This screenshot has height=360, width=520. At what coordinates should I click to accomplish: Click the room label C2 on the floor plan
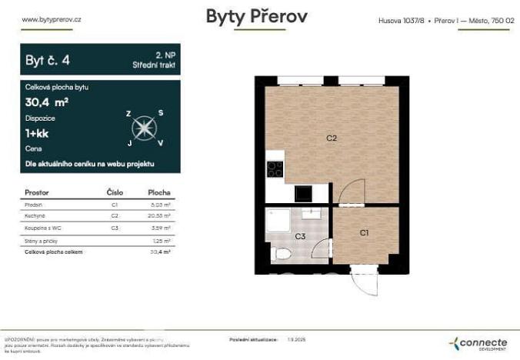click(x=332, y=138)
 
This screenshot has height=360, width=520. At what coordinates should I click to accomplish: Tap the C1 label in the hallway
click(x=365, y=232)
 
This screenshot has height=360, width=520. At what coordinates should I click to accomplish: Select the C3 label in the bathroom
click(x=300, y=237)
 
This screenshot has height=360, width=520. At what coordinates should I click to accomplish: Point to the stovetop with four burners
click(x=275, y=168)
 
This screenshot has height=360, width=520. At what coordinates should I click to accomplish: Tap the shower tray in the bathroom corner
click(x=278, y=222)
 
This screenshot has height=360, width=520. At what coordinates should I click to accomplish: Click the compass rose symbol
click(x=144, y=128)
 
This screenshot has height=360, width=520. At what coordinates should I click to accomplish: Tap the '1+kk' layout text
click(x=36, y=133)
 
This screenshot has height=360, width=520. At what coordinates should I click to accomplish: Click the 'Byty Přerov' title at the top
click(x=256, y=17)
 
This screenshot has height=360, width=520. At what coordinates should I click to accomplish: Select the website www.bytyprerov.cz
click(x=53, y=19)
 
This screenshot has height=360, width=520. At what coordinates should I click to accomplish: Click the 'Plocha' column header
click(x=158, y=192)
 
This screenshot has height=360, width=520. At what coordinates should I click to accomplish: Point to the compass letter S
click(x=160, y=112)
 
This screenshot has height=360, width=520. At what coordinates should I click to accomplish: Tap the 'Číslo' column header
click(x=114, y=192)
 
